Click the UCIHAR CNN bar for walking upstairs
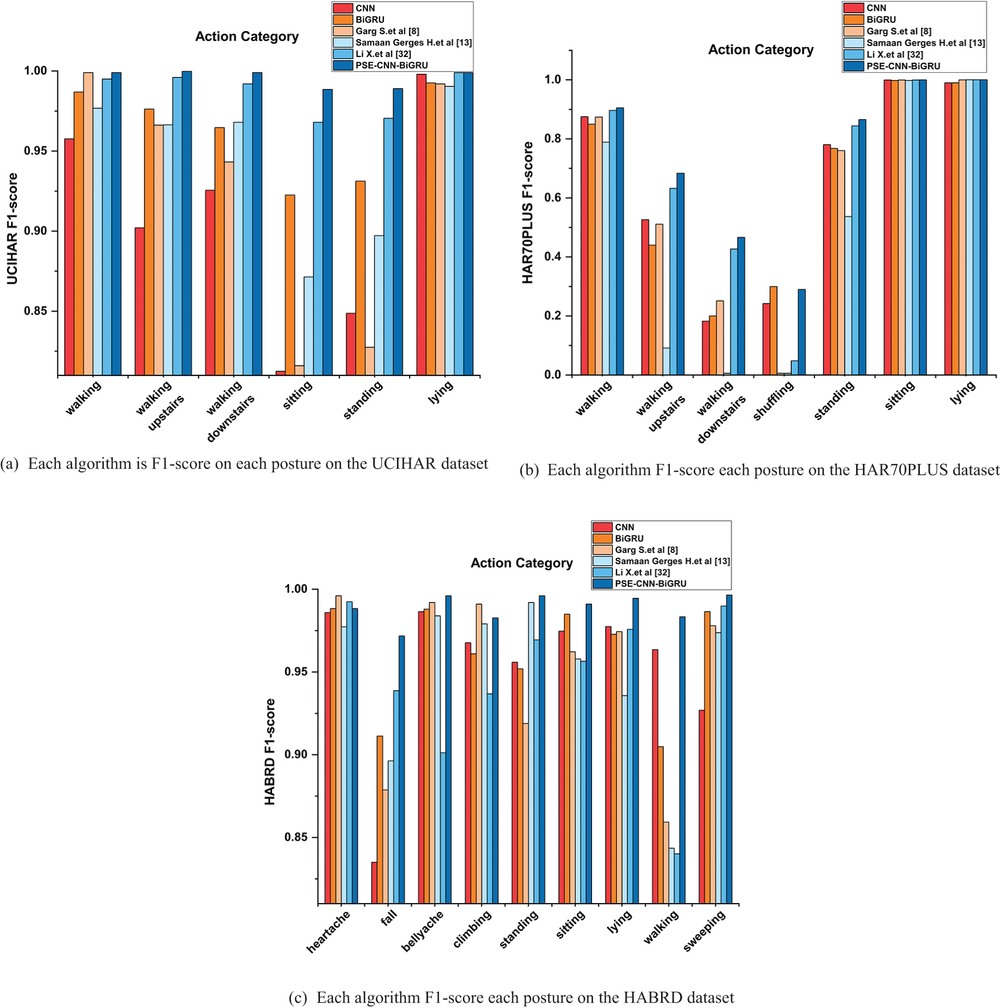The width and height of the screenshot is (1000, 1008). [x=139, y=301]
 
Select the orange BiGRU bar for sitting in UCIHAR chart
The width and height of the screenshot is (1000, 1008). [x=290, y=285]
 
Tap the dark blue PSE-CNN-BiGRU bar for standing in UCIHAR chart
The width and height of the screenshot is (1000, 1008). [x=397, y=232]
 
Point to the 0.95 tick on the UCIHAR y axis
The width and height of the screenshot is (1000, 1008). [x=35, y=151]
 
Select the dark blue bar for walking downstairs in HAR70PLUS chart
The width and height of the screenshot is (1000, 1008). [x=741, y=306]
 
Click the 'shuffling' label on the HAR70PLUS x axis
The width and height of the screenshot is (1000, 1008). [x=773, y=401]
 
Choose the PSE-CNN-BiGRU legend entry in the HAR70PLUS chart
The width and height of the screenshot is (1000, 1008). [x=903, y=66]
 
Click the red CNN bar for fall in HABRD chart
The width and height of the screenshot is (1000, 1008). [x=374, y=883]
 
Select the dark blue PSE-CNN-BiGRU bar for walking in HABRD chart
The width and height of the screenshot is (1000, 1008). [x=682, y=760]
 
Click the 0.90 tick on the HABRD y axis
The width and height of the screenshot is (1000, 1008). [x=296, y=754]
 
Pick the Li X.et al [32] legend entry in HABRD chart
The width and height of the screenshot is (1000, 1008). [x=642, y=573]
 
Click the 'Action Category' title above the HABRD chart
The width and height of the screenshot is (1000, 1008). [x=521, y=563]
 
